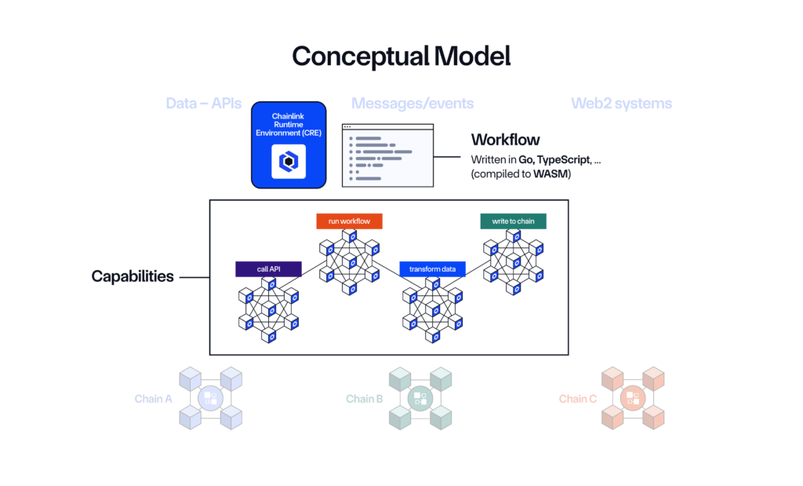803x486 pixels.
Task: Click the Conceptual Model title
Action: click(401, 56)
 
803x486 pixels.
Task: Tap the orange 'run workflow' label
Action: click(349, 221)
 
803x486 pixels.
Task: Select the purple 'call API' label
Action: click(269, 269)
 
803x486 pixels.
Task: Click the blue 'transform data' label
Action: click(433, 269)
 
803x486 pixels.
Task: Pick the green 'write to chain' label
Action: click(513, 221)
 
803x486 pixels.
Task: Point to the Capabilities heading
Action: click(133, 276)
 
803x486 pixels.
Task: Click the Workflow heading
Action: click(505, 140)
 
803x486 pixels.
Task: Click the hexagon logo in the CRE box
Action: click(289, 161)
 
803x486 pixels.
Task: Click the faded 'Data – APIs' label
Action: click(203, 104)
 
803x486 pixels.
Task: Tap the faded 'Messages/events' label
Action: click(412, 104)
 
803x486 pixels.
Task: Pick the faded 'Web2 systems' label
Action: click(621, 104)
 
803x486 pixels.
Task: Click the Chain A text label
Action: click(153, 399)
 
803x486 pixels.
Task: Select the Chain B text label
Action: click(364, 399)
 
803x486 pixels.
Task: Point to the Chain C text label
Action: click(577, 399)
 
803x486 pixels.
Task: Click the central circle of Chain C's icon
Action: click(632, 398)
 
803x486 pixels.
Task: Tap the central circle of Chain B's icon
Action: click(420, 398)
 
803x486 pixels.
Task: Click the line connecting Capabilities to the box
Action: click(194, 276)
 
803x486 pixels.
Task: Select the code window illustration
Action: click(387, 155)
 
